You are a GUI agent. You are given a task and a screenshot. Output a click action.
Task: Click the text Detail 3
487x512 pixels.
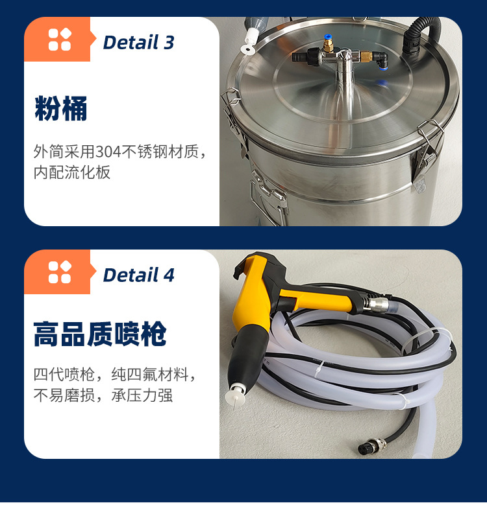(138, 43)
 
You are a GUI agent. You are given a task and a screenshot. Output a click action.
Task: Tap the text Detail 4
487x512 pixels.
(138, 275)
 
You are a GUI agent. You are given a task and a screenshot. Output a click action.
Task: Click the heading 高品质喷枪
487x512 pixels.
(100, 335)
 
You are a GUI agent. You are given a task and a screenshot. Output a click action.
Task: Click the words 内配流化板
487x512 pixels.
(72, 172)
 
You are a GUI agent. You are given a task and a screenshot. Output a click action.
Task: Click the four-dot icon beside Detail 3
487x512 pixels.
(60, 40)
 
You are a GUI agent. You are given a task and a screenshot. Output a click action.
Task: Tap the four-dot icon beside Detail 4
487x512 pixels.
(60, 272)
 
